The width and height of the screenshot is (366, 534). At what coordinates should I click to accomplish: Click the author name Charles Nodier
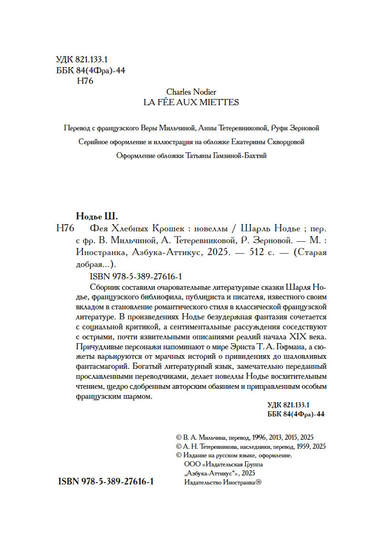tap(191, 91)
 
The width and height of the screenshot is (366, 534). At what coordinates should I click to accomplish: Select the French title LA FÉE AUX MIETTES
tap(191, 102)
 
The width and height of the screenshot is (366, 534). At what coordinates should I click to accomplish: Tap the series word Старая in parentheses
tap(311, 253)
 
